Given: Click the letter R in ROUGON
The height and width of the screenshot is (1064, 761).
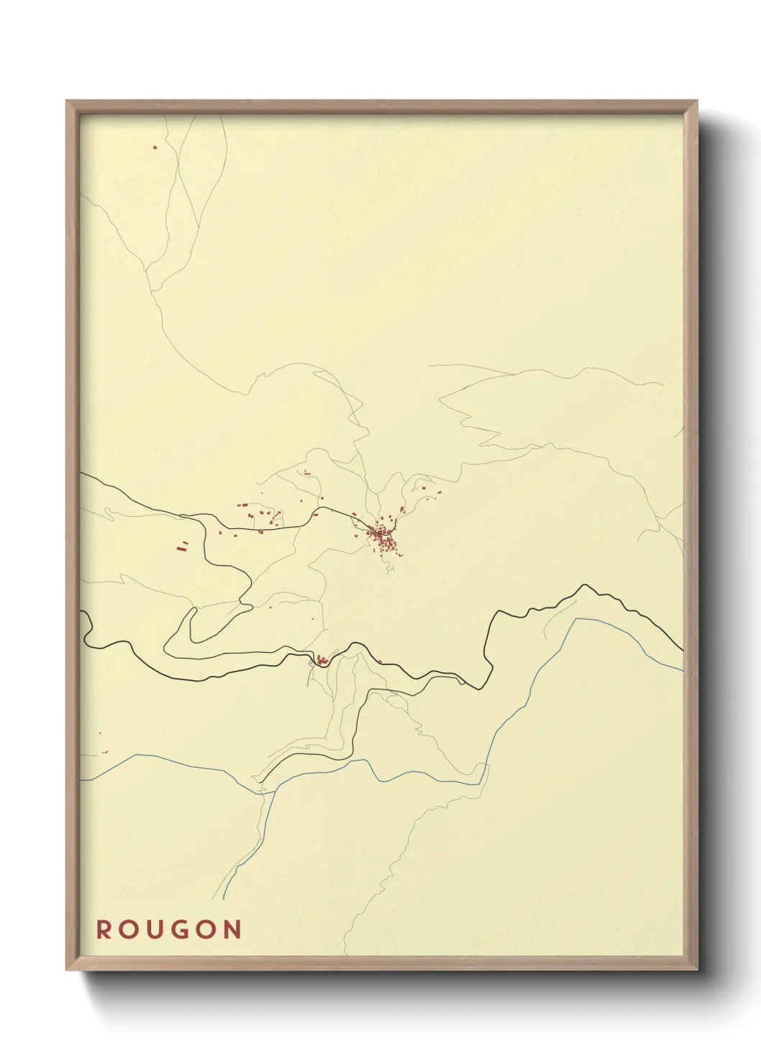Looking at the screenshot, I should click(104, 930).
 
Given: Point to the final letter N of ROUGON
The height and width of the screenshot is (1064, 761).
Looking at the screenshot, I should click(232, 930).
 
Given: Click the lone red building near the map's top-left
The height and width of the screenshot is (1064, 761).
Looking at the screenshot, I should click(155, 147).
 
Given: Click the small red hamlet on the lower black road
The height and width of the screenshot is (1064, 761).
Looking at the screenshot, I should click(321, 659).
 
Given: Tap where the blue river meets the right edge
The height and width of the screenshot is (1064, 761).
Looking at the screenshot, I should click(683, 671).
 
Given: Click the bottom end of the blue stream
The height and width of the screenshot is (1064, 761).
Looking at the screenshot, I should click(223, 898).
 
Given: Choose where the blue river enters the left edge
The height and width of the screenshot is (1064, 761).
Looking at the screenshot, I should click(81, 780).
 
